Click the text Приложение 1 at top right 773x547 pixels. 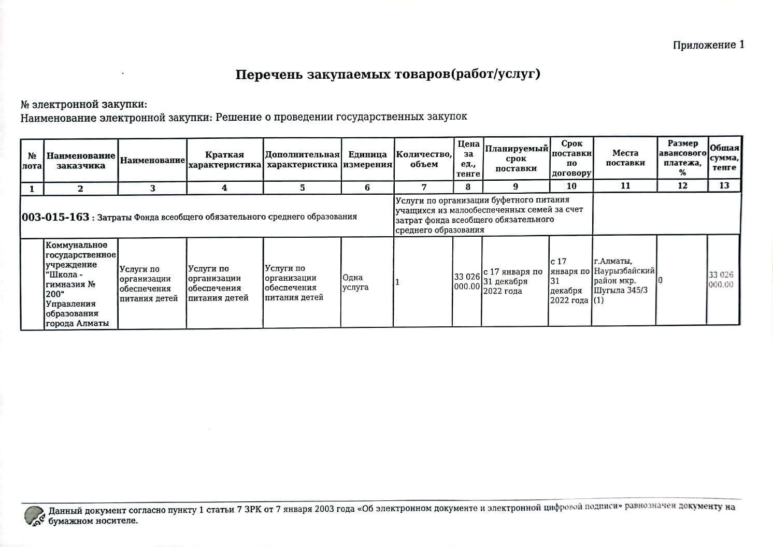pyautogui.click(x=708, y=45)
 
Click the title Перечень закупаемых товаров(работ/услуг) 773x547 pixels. pyautogui.click(x=388, y=74)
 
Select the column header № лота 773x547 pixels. pyautogui.click(x=32, y=161)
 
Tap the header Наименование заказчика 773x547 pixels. pyautogui.click(x=81, y=161)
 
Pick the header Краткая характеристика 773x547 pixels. pyautogui.click(x=224, y=160)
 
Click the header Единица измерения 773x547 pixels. pyautogui.click(x=367, y=160)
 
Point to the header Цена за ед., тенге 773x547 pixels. pyautogui.click(x=468, y=159)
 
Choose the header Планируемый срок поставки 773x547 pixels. pyautogui.click(x=516, y=159)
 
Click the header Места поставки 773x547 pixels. pyautogui.click(x=625, y=158)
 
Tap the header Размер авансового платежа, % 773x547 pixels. pyautogui.click(x=682, y=157)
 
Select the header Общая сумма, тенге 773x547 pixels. pyautogui.click(x=724, y=157)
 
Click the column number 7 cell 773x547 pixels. pyautogui.click(x=424, y=187)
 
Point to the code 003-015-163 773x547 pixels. pyautogui.click(x=55, y=217)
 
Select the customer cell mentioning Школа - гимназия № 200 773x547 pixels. pyautogui.click(x=81, y=284)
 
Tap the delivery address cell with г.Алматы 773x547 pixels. pyautogui.click(x=624, y=280)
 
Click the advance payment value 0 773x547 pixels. pyautogui.click(x=660, y=280)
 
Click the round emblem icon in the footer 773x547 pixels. pyautogui.click(x=34, y=515)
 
